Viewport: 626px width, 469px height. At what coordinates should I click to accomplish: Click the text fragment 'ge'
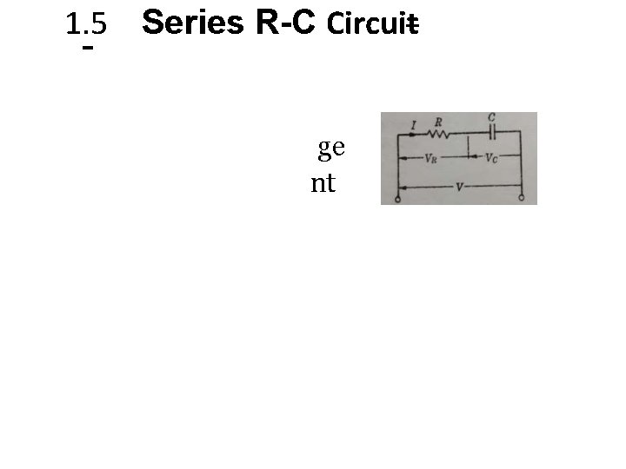pos(331,149)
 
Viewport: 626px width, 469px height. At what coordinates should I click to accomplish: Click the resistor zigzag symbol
pos(437,134)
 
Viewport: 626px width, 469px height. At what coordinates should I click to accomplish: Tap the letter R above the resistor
pos(437,122)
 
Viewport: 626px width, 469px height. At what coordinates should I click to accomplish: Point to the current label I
pos(414,127)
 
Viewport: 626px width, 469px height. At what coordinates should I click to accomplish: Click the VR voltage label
pos(431,159)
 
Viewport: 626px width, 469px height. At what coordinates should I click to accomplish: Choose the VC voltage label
pos(492,159)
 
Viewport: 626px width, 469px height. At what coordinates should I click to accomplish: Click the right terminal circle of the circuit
pos(522,199)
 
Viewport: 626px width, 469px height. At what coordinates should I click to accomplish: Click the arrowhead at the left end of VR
pos(402,159)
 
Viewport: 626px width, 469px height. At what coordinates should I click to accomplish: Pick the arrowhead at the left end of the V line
pos(402,187)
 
